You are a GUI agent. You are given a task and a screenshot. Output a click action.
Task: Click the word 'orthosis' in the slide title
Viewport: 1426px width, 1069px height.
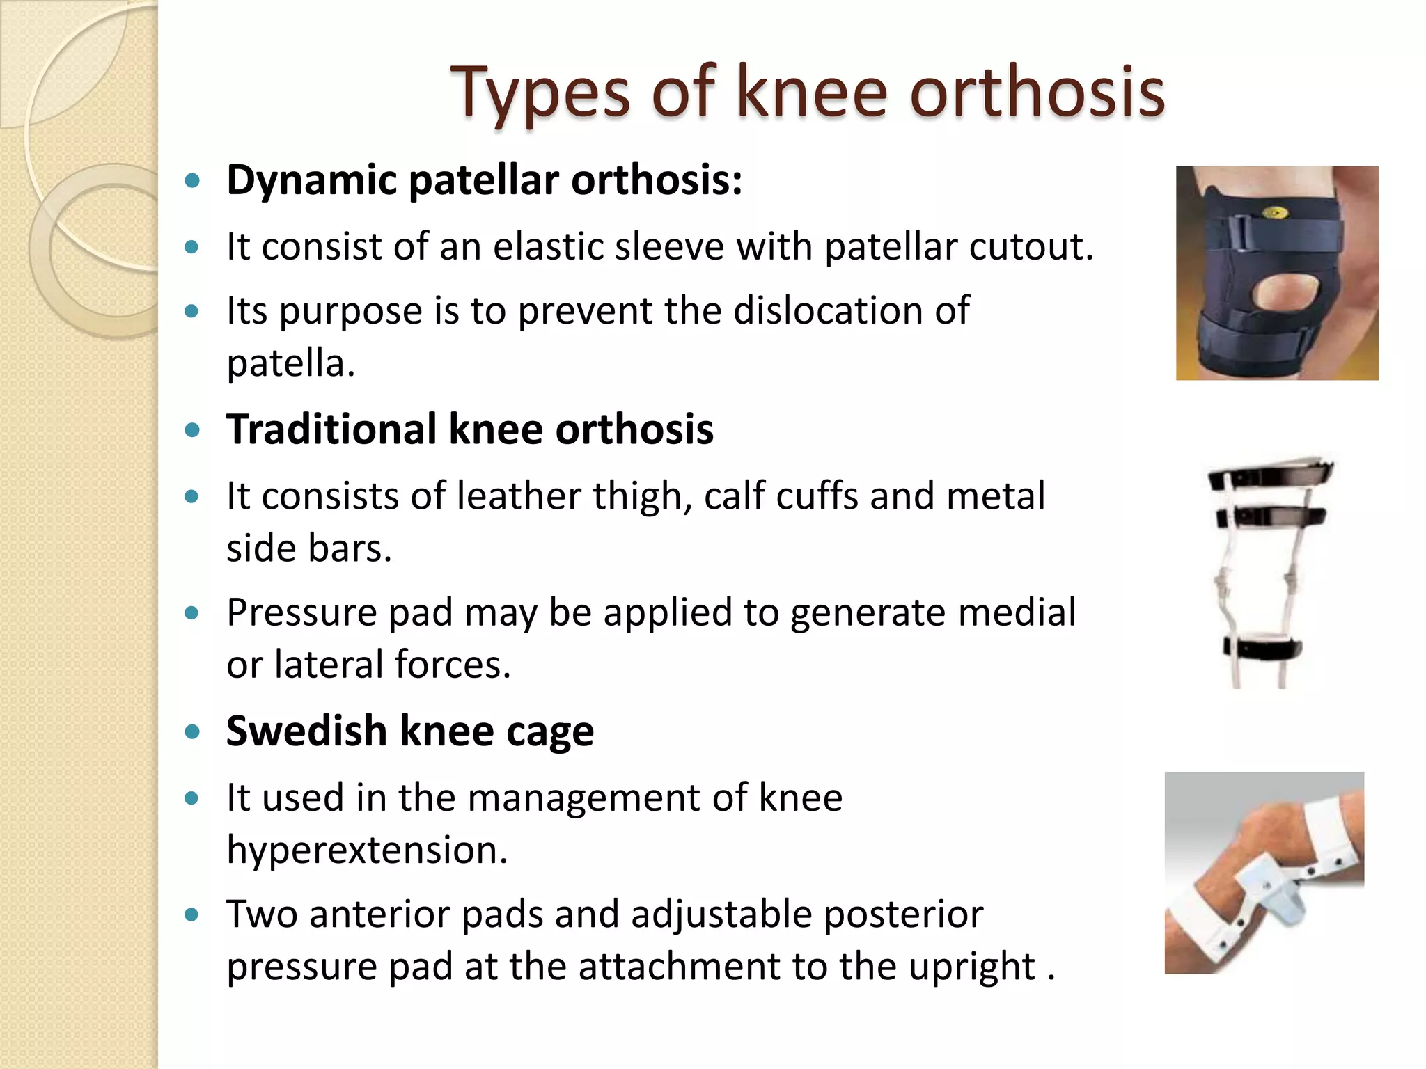click(x=1037, y=92)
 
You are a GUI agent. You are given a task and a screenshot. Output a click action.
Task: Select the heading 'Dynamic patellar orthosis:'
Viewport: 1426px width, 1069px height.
click(x=484, y=180)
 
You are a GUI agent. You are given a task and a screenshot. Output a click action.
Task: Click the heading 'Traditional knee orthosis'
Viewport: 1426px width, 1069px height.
click(x=470, y=429)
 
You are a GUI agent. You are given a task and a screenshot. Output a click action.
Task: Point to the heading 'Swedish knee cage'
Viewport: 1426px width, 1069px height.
click(x=410, y=731)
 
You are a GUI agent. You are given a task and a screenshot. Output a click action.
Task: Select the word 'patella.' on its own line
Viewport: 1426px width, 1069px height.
click(x=290, y=363)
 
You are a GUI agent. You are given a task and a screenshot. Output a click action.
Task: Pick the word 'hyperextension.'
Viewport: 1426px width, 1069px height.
click(x=367, y=850)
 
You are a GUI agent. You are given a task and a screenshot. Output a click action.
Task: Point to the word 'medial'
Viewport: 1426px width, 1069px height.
click(x=1017, y=612)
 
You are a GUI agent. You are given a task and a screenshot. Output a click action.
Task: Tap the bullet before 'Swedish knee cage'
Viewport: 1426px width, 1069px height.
click(x=192, y=732)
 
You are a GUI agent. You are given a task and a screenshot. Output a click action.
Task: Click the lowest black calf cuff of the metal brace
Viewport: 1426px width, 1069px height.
click(x=1262, y=650)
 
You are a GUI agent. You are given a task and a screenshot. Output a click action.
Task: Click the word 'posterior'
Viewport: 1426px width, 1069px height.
click(x=903, y=914)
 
